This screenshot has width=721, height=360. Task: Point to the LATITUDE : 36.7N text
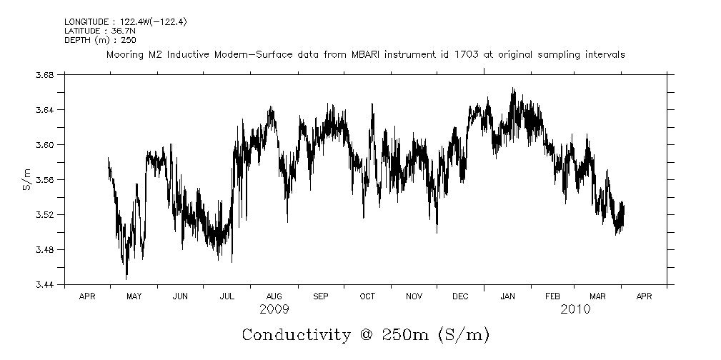click(x=93, y=31)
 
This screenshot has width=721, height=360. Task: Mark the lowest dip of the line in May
click(x=126, y=277)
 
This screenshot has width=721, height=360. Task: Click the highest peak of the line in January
click(x=512, y=89)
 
